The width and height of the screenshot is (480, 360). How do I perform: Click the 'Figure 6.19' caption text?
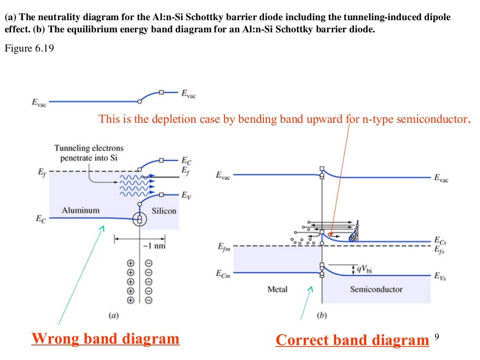click(29, 48)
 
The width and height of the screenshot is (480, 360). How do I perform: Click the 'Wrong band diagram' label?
click(105, 338)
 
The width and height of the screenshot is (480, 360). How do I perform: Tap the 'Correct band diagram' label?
click(352, 340)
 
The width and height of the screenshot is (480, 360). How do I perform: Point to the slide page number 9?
click(437, 337)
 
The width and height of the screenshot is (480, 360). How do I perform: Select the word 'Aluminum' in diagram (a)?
click(81, 210)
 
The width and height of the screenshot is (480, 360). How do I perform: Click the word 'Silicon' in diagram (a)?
click(164, 211)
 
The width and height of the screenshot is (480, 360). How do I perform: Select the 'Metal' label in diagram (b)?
click(277, 289)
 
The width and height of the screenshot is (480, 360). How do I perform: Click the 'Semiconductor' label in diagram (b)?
click(376, 289)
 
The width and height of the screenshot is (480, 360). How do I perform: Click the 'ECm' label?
click(223, 273)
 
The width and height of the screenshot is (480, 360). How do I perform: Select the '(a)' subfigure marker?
click(113, 315)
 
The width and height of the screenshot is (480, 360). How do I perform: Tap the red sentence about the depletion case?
click(284, 119)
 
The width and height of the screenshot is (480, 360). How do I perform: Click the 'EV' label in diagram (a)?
click(186, 197)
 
